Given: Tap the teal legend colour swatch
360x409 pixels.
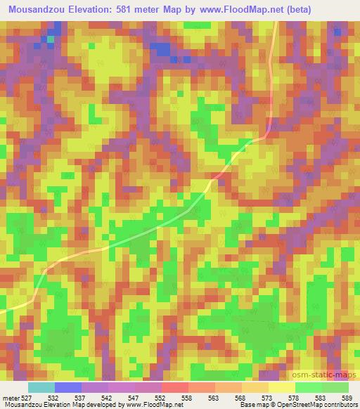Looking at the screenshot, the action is click(41, 387).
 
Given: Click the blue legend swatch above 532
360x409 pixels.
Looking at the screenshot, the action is click(67, 387).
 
